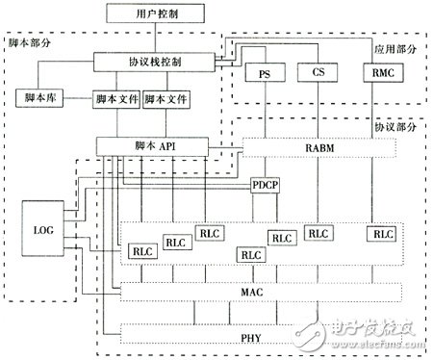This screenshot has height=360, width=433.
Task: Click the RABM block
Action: click(x=321, y=146)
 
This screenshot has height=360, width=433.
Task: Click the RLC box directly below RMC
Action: click(x=382, y=232)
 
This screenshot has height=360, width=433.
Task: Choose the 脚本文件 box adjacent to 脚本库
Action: click(x=114, y=98)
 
